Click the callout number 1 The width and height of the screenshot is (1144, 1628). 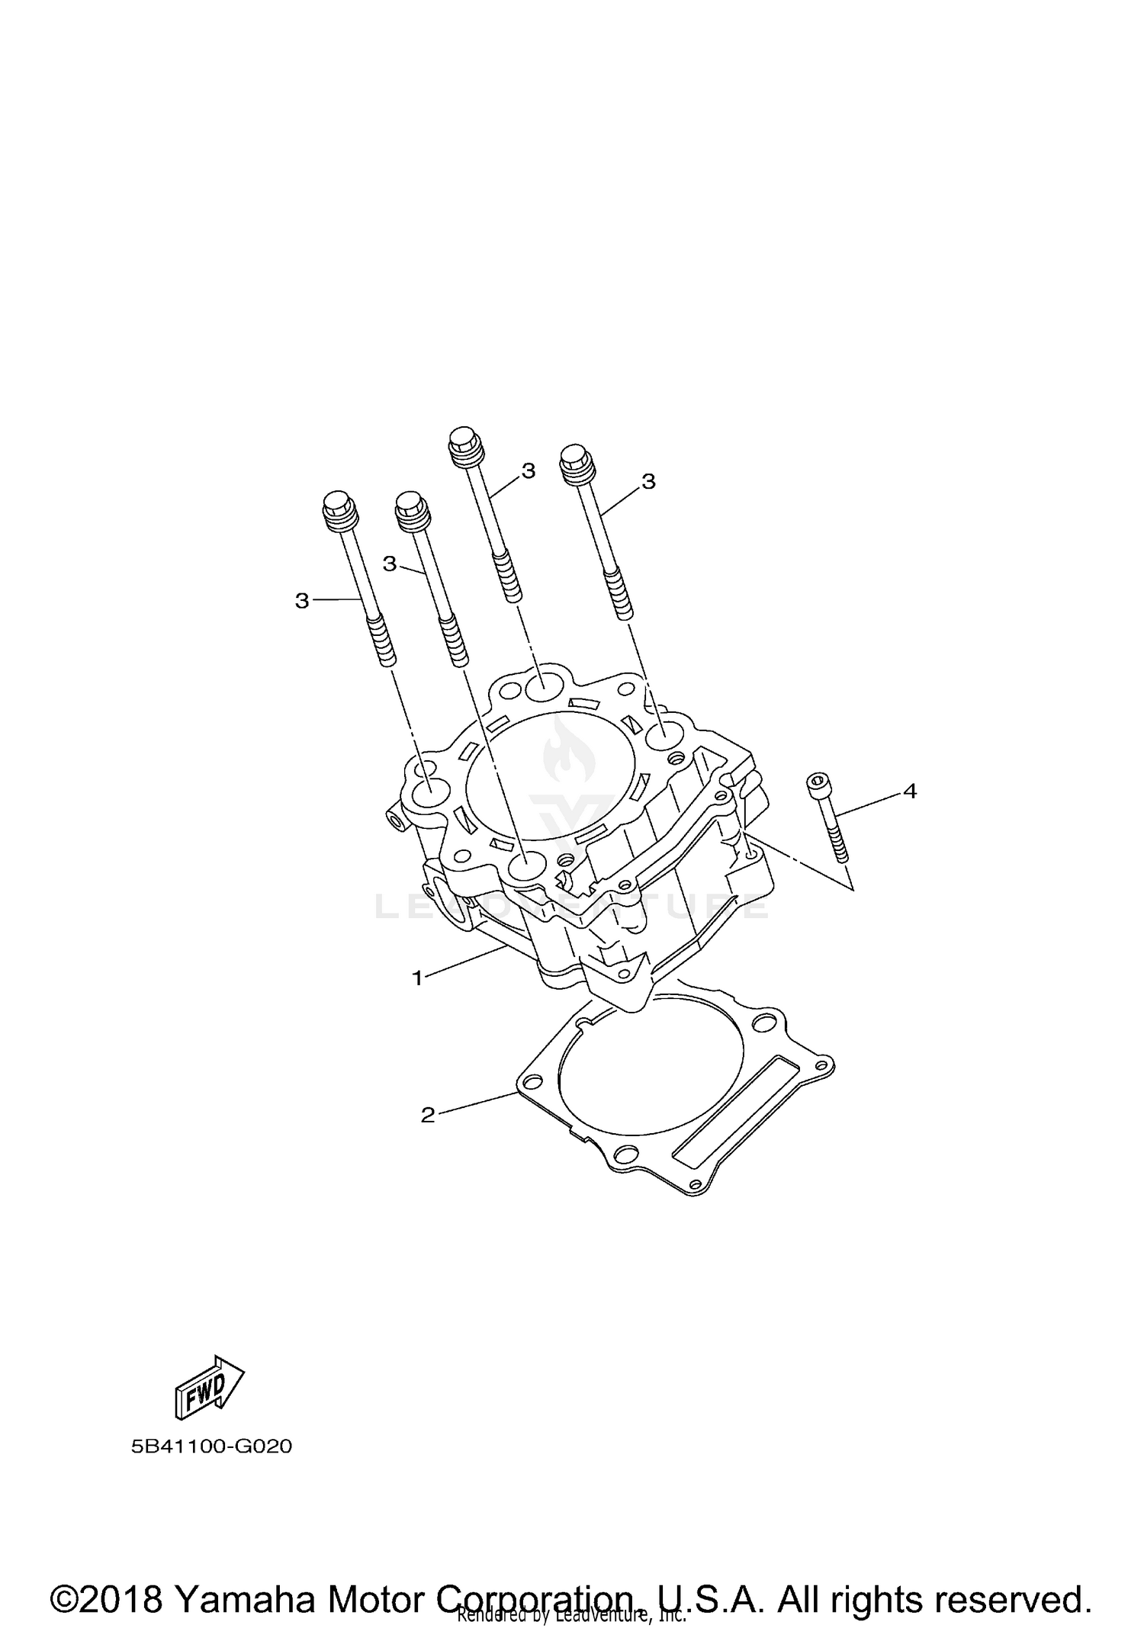click(x=417, y=978)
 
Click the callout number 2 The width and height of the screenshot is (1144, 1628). click(x=428, y=1115)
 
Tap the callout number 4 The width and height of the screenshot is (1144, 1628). click(x=909, y=792)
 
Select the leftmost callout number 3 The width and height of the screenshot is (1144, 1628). click(x=302, y=601)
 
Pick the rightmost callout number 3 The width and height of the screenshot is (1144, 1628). click(x=648, y=481)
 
